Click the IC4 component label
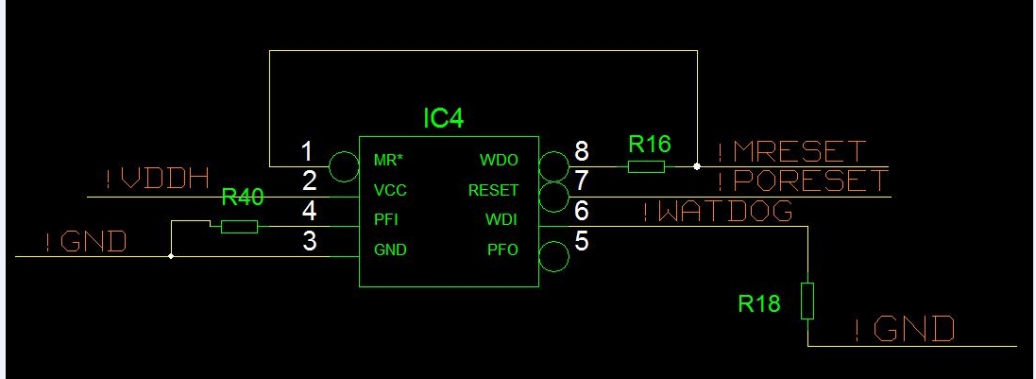click(x=443, y=118)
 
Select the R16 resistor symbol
click(x=647, y=166)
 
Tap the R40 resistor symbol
click(x=239, y=226)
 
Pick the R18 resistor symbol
click(x=807, y=301)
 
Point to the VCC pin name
click(x=389, y=190)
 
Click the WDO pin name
click(x=499, y=161)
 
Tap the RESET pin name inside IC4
click(x=493, y=190)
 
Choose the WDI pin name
click(x=501, y=220)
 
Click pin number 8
click(x=581, y=150)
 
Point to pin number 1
click(x=305, y=150)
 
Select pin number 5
click(x=581, y=241)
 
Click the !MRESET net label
click(x=790, y=151)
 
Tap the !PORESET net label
click(x=802, y=181)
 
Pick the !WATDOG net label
click(x=717, y=212)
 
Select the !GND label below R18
click(x=904, y=330)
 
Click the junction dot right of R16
click(x=697, y=166)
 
